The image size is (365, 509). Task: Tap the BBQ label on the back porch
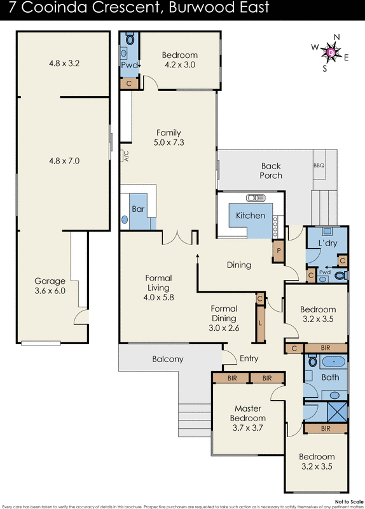pyautogui.click(x=319, y=165)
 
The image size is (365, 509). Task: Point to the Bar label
pyautogui.click(x=137, y=209)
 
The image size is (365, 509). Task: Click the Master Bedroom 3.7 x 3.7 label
pyautogui.click(x=249, y=418)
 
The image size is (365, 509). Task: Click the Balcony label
pyautogui.click(x=168, y=359)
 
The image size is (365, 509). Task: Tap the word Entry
pyautogui.click(x=249, y=359)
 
